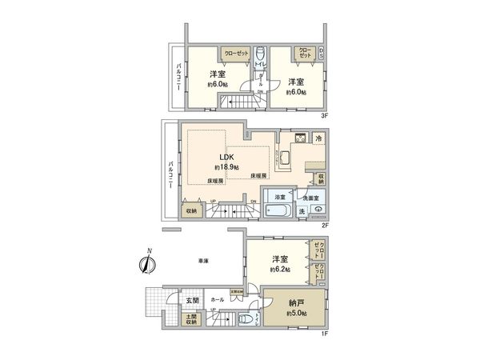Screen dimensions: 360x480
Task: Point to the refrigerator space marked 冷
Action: pyautogui.click(x=318, y=137)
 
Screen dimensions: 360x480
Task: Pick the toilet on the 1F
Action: pyautogui.click(x=246, y=320)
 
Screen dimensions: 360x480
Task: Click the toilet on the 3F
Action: pyautogui.click(x=260, y=56)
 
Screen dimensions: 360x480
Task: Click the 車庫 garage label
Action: pyautogui.click(x=204, y=261)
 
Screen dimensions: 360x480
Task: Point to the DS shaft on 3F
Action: pyautogui.click(x=322, y=54)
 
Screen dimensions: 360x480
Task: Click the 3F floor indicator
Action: pyautogui.click(x=326, y=115)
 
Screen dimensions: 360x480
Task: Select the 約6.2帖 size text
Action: pyautogui.click(x=279, y=270)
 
